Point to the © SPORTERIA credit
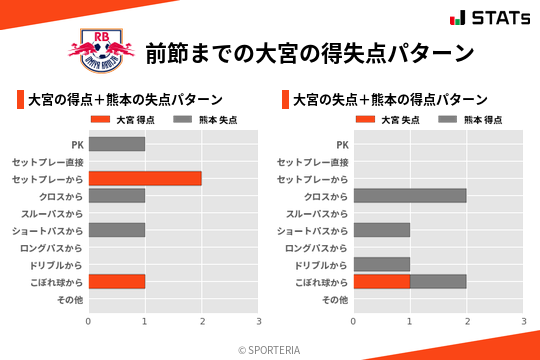[x=269, y=350]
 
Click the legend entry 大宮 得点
[x=124, y=120]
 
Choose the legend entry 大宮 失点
[x=390, y=120]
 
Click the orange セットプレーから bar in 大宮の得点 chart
[x=145, y=178]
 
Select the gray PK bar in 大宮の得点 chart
[x=116, y=144]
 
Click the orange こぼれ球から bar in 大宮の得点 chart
[x=116, y=281]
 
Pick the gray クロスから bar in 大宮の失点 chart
[x=410, y=196]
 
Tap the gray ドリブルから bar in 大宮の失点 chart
[x=382, y=264]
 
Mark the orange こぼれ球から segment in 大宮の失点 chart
[x=382, y=281]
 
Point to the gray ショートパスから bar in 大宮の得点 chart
[x=116, y=230]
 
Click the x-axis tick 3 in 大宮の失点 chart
[x=523, y=321]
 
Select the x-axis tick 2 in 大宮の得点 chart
[x=202, y=321]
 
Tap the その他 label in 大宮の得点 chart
[x=70, y=299]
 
